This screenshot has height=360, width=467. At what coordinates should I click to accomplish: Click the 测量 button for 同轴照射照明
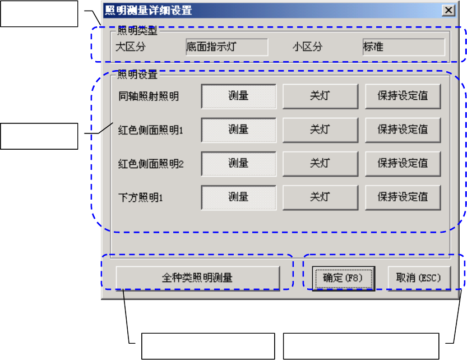coord(238,96)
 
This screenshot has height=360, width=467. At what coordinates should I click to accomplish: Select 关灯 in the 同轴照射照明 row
coord(320,96)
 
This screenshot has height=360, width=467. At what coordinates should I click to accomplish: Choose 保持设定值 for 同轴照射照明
coord(403,96)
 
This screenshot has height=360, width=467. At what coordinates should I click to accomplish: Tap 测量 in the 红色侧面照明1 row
coord(238,130)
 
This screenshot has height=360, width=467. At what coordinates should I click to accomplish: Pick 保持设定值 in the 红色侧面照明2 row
coord(403,163)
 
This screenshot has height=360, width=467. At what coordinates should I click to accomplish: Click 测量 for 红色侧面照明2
coord(238,163)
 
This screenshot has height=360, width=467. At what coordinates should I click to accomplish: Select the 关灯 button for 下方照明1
coord(320,197)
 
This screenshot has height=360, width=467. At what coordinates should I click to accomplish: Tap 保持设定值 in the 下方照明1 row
coord(403,197)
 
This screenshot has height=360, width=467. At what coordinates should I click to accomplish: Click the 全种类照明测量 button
coord(197,277)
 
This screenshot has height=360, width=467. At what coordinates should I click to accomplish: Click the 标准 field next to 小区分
coord(403,47)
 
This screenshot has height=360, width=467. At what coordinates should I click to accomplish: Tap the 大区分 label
coord(130,47)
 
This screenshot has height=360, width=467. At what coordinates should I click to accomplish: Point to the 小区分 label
coord(307,47)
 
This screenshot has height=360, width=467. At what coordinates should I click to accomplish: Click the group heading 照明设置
coord(137,73)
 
